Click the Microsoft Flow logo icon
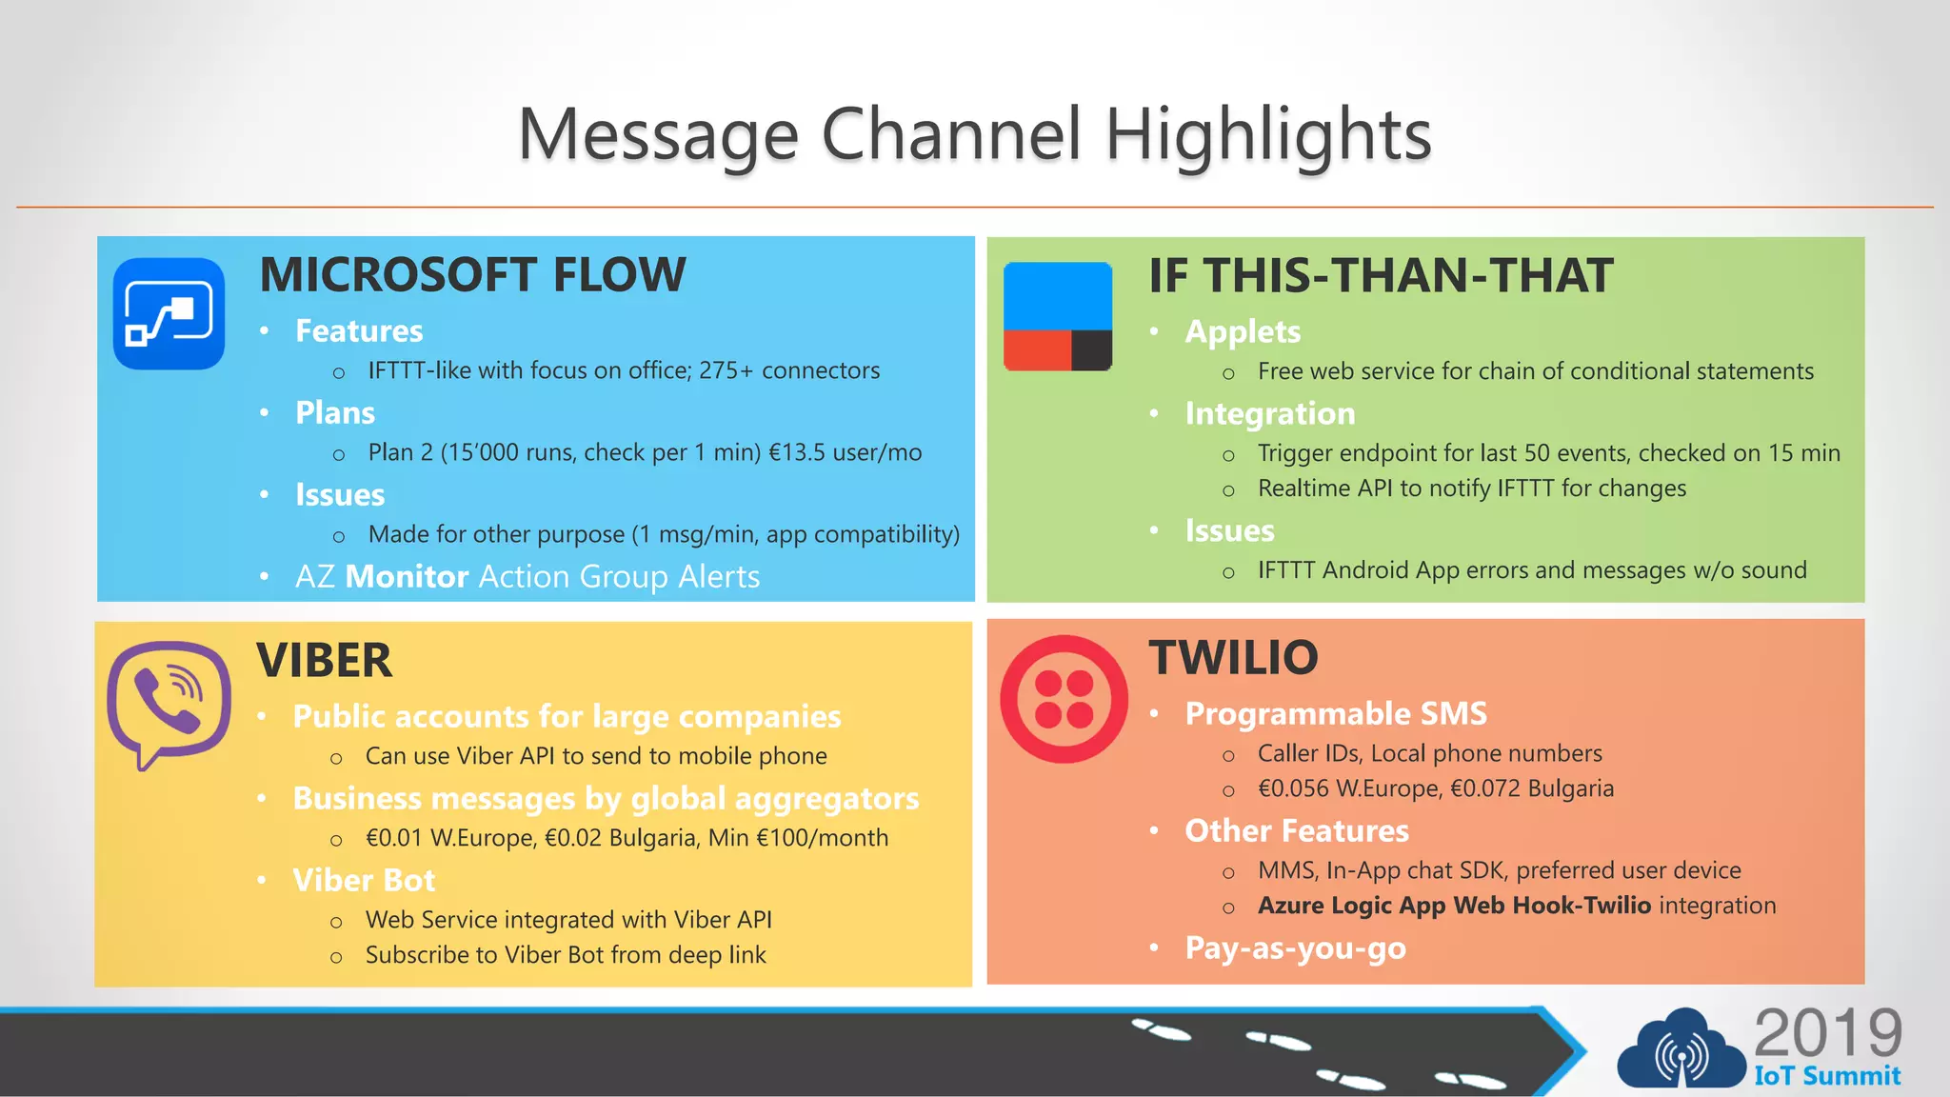(x=169, y=313)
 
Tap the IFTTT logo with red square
(x=1058, y=317)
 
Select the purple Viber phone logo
(x=169, y=703)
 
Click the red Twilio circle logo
(x=1064, y=699)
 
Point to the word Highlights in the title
(x=1268, y=134)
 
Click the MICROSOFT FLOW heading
(x=472, y=274)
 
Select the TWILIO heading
(x=1233, y=657)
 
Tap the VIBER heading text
(x=324, y=660)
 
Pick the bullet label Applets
(x=1243, y=331)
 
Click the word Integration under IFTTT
(x=1269, y=413)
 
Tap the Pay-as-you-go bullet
(x=1295, y=948)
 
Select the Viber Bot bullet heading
(x=364, y=880)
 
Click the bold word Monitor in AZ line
(x=407, y=577)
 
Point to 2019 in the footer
(x=1827, y=1032)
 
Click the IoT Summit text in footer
(x=1827, y=1076)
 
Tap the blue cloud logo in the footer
(x=1681, y=1050)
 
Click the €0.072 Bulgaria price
(x=1532, y=788)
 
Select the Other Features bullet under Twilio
(x=1296, y=831)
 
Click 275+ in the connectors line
(x=726, y=370)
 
